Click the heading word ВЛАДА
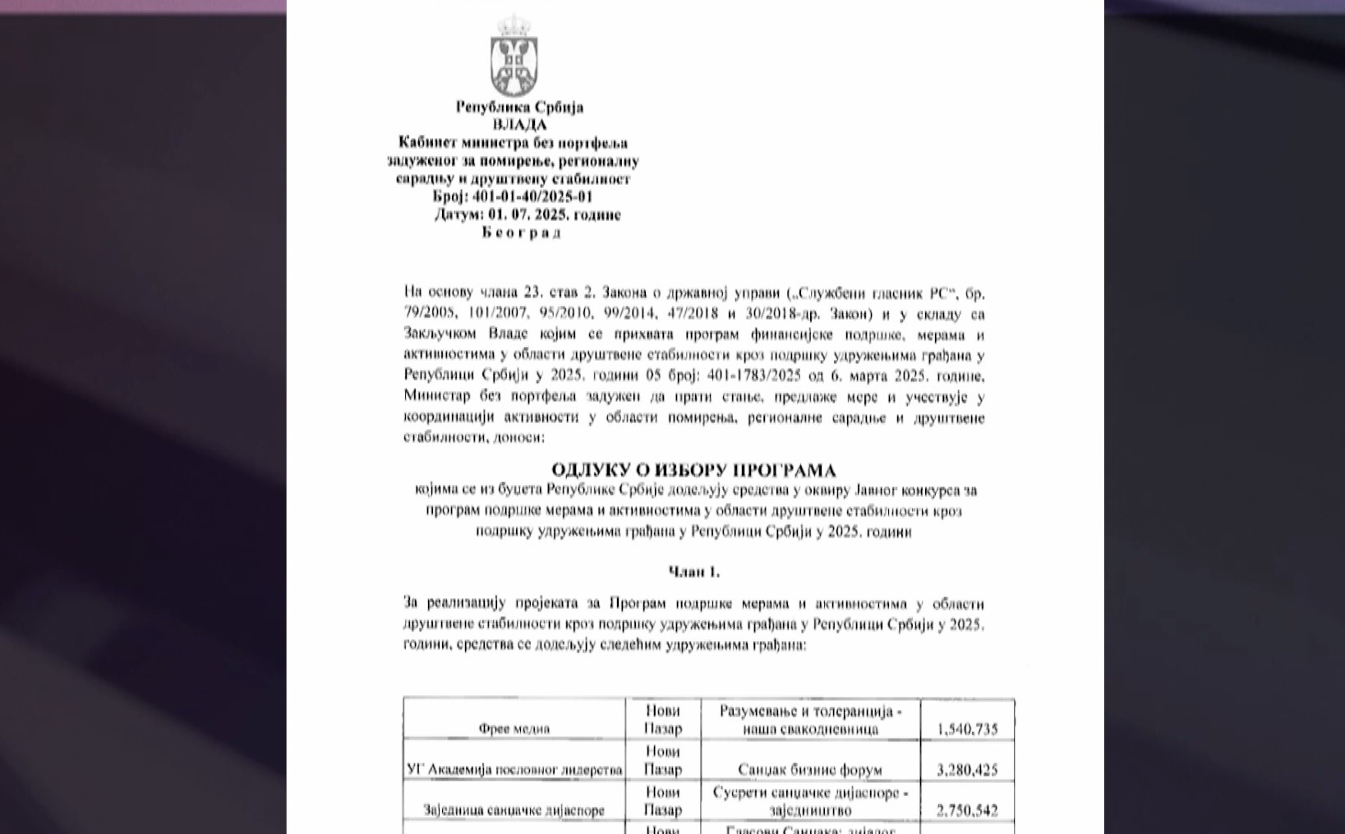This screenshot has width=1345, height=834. [x=519, y=125]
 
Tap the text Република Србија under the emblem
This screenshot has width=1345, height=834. [x=519, y=107]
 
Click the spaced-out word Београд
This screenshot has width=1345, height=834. [x=522, y=233]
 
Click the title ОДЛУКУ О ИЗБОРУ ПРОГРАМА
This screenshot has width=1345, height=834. [x=693, y=471]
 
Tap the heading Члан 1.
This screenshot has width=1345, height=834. [x=693, y=572]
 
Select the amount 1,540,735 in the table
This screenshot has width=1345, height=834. [x=967, y=729]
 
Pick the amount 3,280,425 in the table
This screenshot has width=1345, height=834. [x=967, y=770]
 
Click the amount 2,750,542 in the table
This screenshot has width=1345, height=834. [x=967, y=811]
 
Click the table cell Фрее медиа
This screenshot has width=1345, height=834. [x=514, y=729]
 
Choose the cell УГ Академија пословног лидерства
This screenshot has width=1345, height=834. [x=514, y=770]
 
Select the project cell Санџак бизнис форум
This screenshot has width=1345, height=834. [x=810, y=770]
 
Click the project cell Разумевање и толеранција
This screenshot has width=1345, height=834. [x=810, y=720]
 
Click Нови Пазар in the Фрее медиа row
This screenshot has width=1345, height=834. [x=662, y=720]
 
